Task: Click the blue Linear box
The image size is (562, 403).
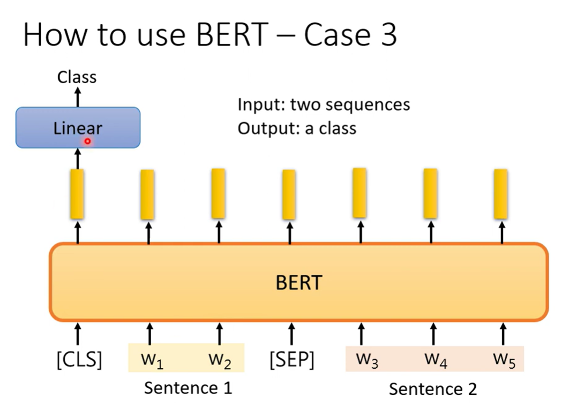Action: pyautogui.click(x=78, y=128)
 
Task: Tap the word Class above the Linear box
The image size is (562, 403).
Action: pyautogui.click(x=77, y=77)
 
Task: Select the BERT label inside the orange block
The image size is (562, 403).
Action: pyautogui.click(x=298, y=282)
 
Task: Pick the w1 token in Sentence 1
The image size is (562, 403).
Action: pyautogui.click(x=152, y=360)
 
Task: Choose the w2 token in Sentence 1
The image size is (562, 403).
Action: pyautogui.click(x=220, y=360)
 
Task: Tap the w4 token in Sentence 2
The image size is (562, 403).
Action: pyautogui.click(x=435, y=359)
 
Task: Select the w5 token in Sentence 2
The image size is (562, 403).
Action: pyautogui.click(x=504, y=359)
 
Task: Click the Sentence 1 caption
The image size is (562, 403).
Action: pyautogui.click(x=188, y=387)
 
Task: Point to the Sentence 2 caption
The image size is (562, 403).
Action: pyautogui.click(x=432, y=389)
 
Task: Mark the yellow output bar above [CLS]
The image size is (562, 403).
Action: pyautogui.click(x=77, y=194)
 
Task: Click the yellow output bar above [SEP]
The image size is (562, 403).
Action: pyautogui.click(x=289, y=194)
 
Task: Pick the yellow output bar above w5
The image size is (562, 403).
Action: pyautogui.click(x=501, y=194)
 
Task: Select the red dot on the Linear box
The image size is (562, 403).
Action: pyautogui.click(x=87, y=141)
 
